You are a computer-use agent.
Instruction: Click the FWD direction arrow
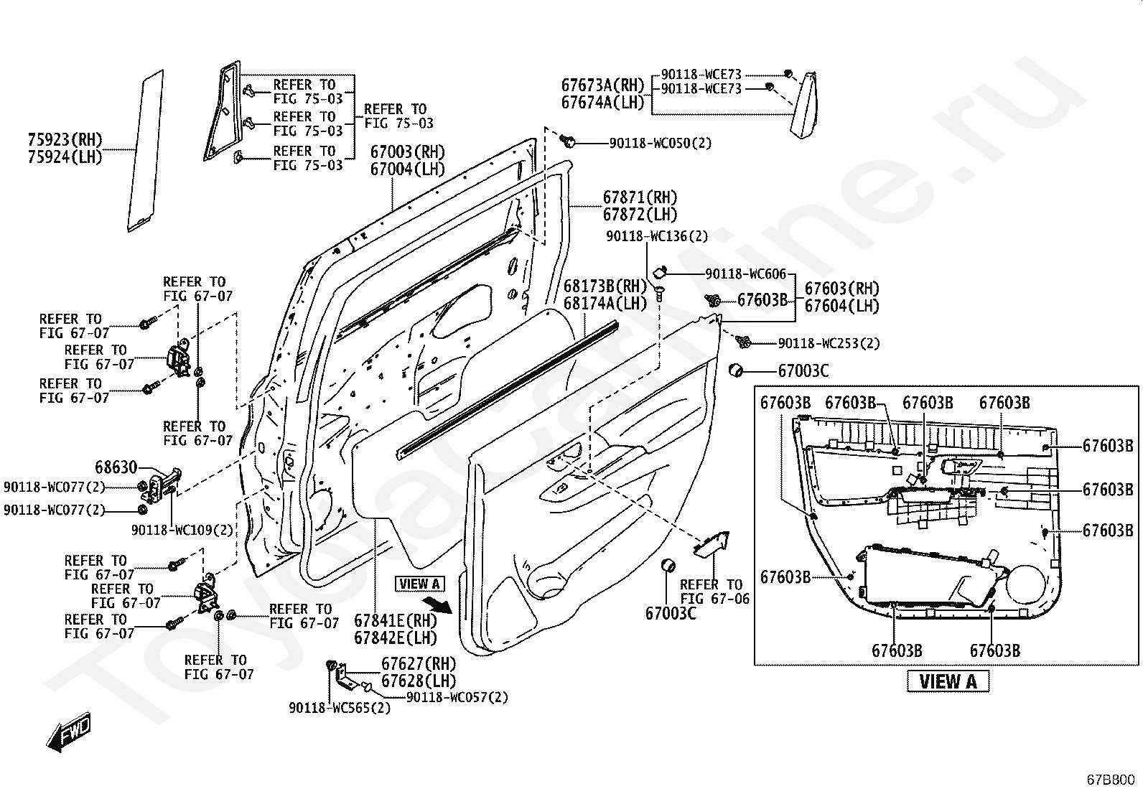click(x=69, y=732)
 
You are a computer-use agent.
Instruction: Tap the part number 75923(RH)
click(x=65, y=139)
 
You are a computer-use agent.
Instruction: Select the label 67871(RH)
click(x=640, y=197)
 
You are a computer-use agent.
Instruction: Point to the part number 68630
click(x=116, y=467)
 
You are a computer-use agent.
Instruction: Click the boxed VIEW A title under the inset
click(x=948, y=681)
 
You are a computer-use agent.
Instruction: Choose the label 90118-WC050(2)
click(x=661, y=144)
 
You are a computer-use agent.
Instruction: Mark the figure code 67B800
click(x=1111, y=779)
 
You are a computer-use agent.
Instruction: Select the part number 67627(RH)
click(x=419, y=663)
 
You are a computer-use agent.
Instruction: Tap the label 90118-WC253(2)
click(x=829, y=343)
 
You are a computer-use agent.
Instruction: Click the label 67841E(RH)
click(x=396, y=620)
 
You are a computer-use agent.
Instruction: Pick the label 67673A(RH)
click(x=604, y=85)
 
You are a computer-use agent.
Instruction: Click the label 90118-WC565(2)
click(x=340, y=708)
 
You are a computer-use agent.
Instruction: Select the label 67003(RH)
click(x=408, y=152)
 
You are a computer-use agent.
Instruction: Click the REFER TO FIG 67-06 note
click(x=714, y=592)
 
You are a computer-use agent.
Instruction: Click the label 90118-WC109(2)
click(x=182, y=530)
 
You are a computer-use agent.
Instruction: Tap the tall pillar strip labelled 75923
click(x=145, y=151)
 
